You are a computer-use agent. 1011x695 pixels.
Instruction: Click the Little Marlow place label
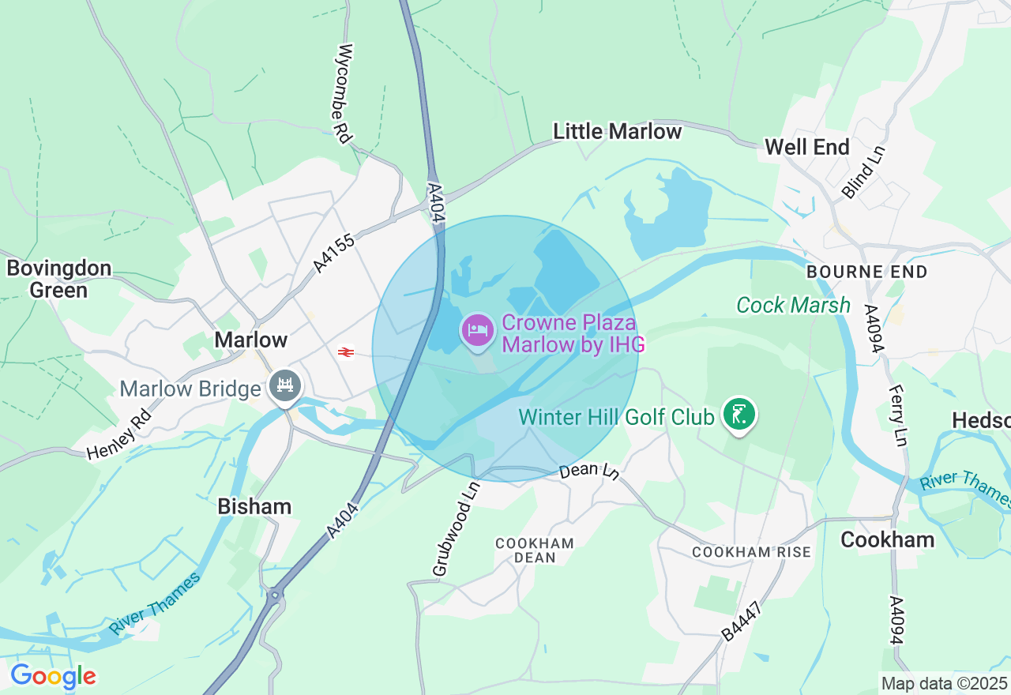tap(617, 131)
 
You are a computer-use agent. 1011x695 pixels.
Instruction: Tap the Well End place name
tap(806, 147)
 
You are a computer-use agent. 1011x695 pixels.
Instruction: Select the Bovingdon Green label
tap(58, 280)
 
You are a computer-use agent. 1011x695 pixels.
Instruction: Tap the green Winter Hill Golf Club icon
tap(739, 413)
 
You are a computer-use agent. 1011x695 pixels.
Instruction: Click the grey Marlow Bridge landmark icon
tap(285, 386)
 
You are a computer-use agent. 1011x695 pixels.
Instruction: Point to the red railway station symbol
tap(345, 351)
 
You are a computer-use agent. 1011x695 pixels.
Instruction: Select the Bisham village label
tap(254, 506)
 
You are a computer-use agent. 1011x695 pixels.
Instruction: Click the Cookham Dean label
tap(535, 550)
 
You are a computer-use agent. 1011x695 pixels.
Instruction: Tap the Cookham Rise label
tap(751, 552)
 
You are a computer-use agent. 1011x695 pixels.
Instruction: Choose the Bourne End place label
tap(866, 272)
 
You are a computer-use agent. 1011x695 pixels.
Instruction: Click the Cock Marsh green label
tap(793, 306)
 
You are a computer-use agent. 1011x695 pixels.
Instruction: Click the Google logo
tap(53, 676)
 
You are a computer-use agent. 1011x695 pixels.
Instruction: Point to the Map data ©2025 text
tap(944, 683)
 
